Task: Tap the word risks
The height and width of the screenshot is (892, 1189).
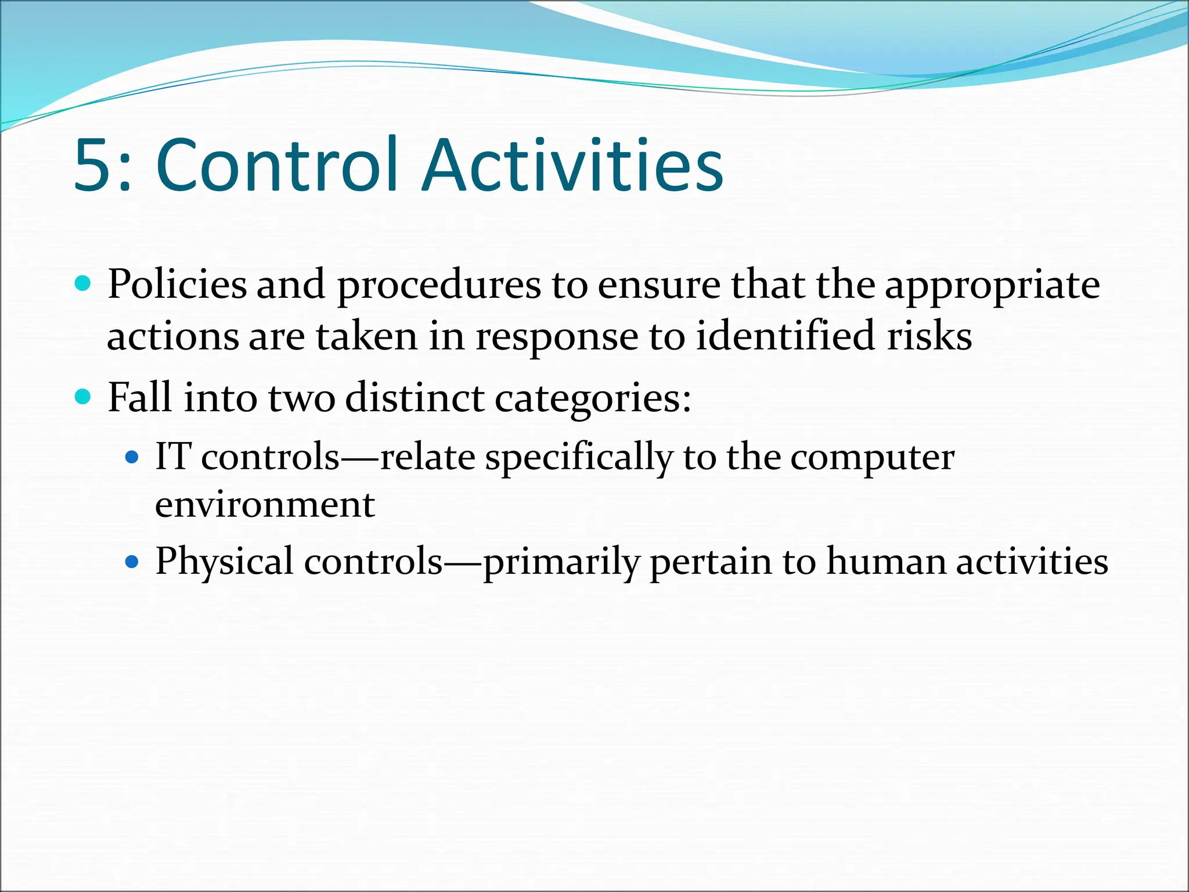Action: coord(929,336)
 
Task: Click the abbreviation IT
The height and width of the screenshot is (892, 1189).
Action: coord(173,456)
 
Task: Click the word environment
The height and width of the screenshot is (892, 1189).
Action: coord(265,504)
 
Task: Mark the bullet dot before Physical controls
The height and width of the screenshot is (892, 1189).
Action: coord(133,562)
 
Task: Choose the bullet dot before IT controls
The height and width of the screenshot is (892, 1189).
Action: coord(133,457)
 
